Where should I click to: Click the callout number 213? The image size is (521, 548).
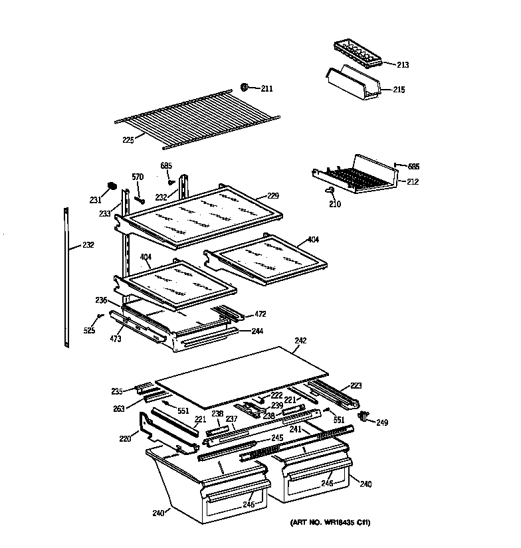coord(403,65)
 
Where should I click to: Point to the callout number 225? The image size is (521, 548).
coord(128,140)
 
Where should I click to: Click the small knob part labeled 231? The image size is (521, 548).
coord(111,185)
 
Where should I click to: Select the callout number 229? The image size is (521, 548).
coord(272,196)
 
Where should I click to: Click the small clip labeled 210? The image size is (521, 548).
coord(330,191)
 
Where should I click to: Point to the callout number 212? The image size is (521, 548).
coord(413,181)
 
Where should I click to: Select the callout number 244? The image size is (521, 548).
coord(257,331)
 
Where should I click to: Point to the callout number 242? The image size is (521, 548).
coord(300,341)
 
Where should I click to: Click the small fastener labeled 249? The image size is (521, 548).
coord(363,416)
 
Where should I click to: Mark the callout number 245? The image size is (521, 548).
coord(277,438)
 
